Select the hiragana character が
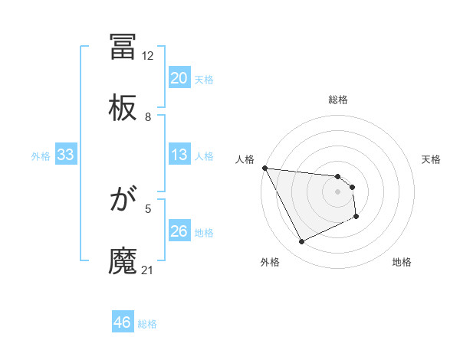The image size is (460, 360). (123, 200)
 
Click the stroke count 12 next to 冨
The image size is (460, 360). (148, 56)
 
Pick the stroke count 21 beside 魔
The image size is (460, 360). (148, 270)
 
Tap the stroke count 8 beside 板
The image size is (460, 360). (148, 117)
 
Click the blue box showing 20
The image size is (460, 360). (179, 78)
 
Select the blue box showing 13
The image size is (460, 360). (179, 155)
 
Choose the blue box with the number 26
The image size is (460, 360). (179, 231)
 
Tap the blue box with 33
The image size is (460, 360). (66, 155)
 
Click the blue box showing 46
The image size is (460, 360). (123, 322)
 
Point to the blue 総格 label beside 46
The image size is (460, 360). (147, 324)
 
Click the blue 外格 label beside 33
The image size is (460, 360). (41, 156)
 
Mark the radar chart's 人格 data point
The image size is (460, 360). (264, 168)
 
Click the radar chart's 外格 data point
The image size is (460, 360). (301, 242)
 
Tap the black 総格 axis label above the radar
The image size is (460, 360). (338, 100)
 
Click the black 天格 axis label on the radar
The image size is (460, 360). (432, 159)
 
